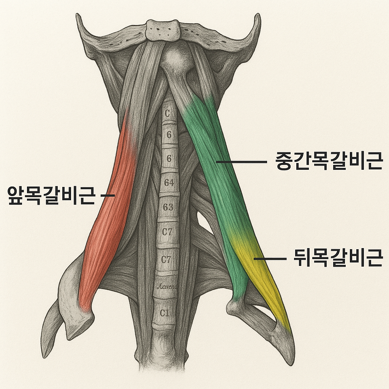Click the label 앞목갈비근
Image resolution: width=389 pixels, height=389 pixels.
tap(51, 195)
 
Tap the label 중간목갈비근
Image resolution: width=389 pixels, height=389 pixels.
tap(328, 161)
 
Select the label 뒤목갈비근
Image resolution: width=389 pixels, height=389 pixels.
tap(338, 259)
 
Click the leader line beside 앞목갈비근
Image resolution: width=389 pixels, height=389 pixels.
tap(108, 195)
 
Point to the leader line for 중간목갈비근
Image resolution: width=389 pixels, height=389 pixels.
tap(242, 162)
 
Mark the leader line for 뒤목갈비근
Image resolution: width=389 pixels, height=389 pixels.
tap(270, 259)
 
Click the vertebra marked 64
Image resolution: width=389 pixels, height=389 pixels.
tap(169, 183)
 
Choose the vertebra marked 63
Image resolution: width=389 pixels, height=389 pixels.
tap(168, 207)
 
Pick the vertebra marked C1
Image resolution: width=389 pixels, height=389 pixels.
tap(164, 313)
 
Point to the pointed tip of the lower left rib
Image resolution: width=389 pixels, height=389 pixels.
tap(44, 356)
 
